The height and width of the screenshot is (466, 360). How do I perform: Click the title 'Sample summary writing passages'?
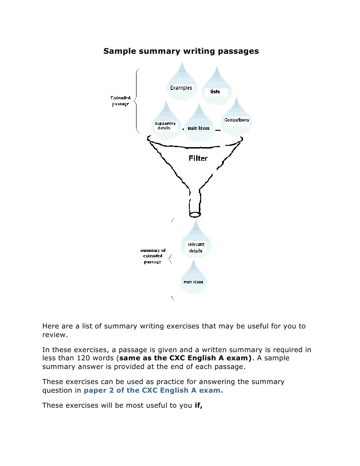(181, 51)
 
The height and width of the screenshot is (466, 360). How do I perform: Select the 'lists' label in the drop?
(215, 92)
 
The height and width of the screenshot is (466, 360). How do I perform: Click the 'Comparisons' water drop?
(237, 119)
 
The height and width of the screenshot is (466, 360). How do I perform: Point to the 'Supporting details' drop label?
(165, 125)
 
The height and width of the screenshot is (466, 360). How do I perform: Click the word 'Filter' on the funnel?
(198, 159)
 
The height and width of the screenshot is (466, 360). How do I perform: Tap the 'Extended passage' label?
(121, 101)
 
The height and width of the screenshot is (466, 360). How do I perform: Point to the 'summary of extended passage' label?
(153, 256)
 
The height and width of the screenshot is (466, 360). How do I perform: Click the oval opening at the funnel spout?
(195, 214)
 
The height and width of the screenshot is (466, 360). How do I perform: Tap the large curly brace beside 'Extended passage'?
(137, 100)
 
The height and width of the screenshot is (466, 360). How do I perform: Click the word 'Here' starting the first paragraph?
(50, 326)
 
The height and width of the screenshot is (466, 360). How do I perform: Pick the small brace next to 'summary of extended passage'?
(170, 259)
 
